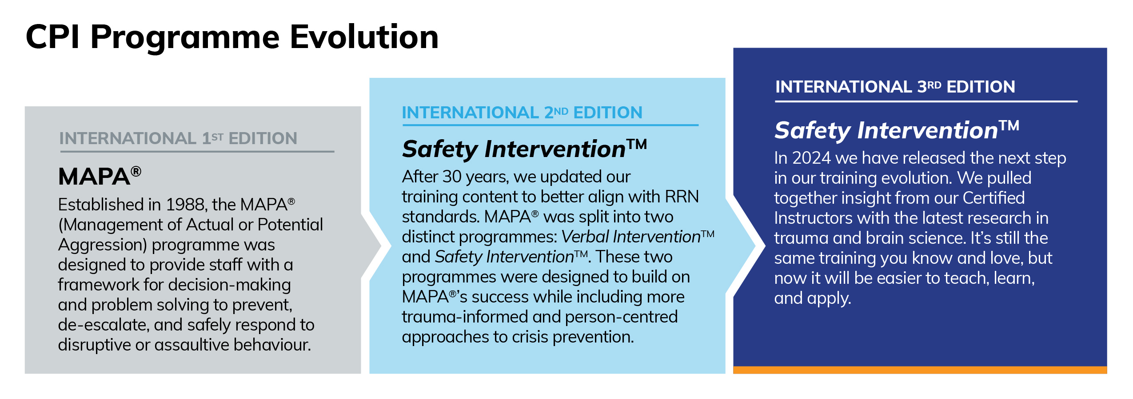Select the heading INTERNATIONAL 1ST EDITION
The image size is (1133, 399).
178,138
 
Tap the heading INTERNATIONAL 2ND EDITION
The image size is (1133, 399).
522,113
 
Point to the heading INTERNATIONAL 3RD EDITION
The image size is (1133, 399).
895,87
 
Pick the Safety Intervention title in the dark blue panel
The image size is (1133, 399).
897,130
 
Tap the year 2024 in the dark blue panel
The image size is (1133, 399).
811,158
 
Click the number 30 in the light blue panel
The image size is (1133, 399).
452,177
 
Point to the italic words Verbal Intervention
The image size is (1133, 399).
631,237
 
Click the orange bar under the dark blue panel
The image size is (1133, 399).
920,370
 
